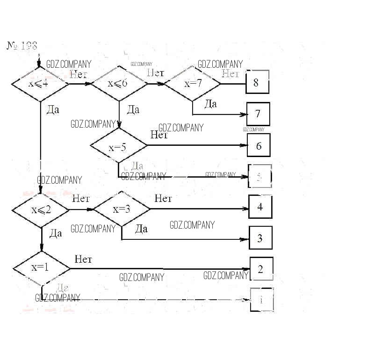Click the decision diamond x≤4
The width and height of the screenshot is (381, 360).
[40, 84]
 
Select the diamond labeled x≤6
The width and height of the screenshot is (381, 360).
[119, 84]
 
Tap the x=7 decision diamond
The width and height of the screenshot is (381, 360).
[193, 84]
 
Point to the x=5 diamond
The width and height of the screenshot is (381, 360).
[119, 147]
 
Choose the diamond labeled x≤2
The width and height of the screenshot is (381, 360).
[41, 209]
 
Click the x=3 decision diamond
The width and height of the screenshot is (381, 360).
[122, 209]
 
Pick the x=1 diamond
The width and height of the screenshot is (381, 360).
[42, 268]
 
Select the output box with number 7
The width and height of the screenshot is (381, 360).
[258, 114]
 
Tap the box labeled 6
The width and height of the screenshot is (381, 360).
[259, 145]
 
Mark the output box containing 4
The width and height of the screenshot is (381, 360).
[260, 207]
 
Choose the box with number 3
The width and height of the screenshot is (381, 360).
[260, 238]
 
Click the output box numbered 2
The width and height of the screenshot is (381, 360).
[261, 269]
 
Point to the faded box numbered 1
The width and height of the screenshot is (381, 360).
[262, 300]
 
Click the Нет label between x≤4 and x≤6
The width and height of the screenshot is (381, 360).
[79, 74]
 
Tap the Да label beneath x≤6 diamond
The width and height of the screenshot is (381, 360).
[133, 110]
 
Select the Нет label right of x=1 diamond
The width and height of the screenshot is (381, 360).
[83, 259]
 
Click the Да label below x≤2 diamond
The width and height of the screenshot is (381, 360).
[55, 233]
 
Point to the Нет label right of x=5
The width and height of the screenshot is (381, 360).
[159, 135]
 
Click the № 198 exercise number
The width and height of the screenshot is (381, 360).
[22, 46]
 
